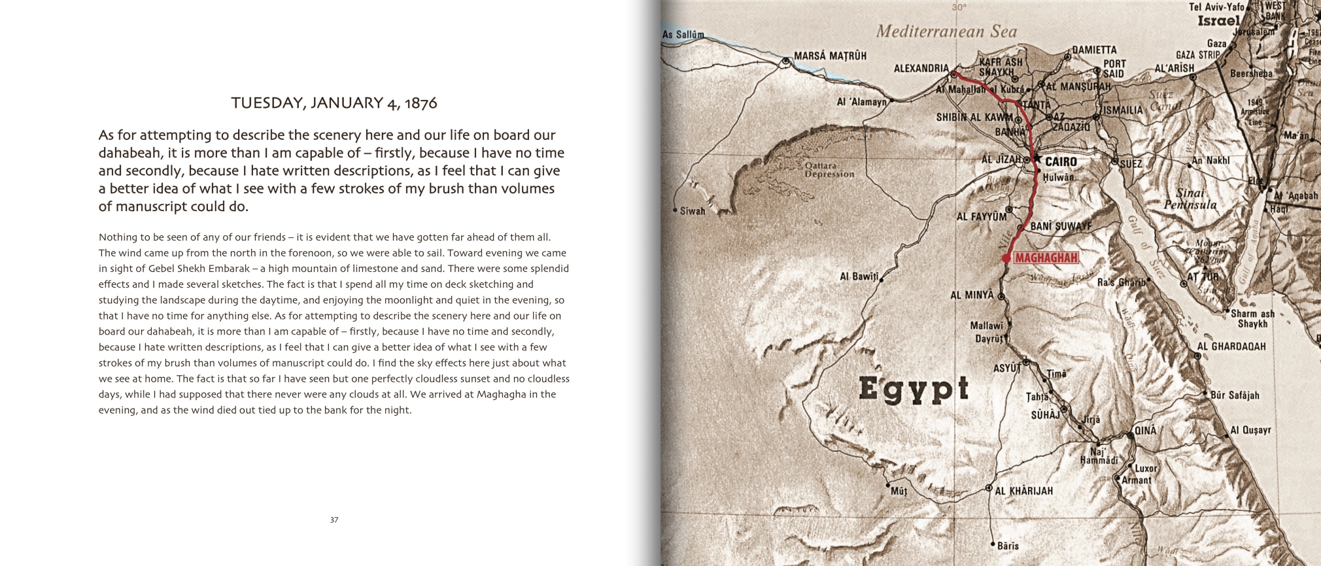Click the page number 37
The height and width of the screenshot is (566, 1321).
pos(334,520)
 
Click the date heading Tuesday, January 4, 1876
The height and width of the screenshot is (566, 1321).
pos(334,103)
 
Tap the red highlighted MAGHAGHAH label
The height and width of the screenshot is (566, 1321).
pos(1046,258)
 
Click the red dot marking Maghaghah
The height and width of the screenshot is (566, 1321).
pos(1006,259)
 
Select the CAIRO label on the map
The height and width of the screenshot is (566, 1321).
pos(1061,161)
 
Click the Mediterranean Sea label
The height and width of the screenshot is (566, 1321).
pos(946,31)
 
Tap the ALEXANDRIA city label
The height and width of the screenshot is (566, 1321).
pos(921,68)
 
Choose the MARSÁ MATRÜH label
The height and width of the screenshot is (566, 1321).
pos(830,56)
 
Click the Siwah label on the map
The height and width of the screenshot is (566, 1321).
pos(693,211)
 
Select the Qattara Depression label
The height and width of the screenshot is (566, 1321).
pos(829,170)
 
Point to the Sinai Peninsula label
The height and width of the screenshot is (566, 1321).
pos(1190,199)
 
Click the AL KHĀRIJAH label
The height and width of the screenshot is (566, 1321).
pos(1023,491)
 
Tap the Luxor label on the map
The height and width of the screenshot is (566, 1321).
pos(1146,468)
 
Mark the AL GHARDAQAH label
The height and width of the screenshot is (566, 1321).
pos(1231,346)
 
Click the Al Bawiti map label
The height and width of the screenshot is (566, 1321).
pos(859,276)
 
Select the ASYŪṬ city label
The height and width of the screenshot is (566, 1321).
pos(1006,369)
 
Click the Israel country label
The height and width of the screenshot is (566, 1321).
pos(1218,21)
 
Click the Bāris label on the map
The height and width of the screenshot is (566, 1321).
pos(1008,546)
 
